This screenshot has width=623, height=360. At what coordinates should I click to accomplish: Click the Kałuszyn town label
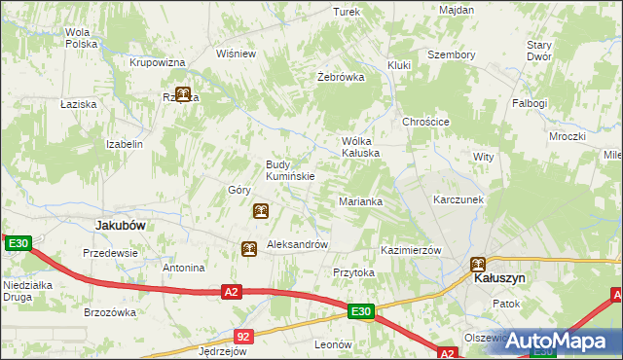(x=499, y=278)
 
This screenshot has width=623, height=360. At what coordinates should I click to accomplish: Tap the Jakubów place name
(x=121, y=225)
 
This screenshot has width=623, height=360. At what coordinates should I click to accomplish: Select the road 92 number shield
(x=243, y=336)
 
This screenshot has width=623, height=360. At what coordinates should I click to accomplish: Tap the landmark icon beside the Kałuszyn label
(x=478, y=263)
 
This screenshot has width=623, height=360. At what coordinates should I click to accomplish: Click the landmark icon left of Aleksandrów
(x=249, y=249)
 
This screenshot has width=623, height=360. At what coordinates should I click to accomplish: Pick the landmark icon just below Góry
(x=260, y=210)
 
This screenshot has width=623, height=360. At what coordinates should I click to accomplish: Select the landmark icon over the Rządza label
(x=182, y=95)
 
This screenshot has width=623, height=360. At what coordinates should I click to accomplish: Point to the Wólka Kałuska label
(x=359, y=146)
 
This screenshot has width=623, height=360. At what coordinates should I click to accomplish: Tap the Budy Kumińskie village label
(x=290, y=170)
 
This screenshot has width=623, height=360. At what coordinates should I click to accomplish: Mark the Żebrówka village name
(x=341, y=77)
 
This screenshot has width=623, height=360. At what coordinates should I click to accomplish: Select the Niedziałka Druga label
(x=27, y=292)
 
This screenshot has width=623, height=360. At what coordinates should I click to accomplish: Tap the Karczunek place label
(x=458, y=199)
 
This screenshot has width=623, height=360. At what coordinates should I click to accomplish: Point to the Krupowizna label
(x=158, y=62)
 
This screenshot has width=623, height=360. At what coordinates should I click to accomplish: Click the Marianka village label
(x=360, y=201)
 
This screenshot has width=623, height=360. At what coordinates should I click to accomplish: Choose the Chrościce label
(x=425, y=122)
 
